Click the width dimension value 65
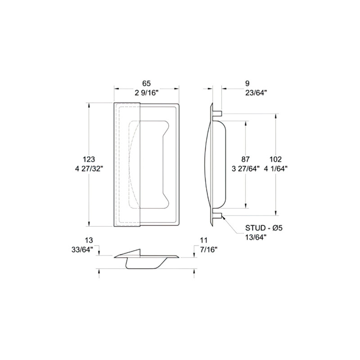[x=146, y=83]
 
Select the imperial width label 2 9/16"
[x=146, y=93]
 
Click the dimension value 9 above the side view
[x=247, y=83]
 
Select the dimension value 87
[x=246, y=159]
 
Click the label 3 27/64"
[x=246, y=169]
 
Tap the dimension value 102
[x=275, y=159]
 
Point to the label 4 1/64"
[x=275, y=169]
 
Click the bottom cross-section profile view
[x=146, y=260]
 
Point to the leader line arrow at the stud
[x=222, y=217]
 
